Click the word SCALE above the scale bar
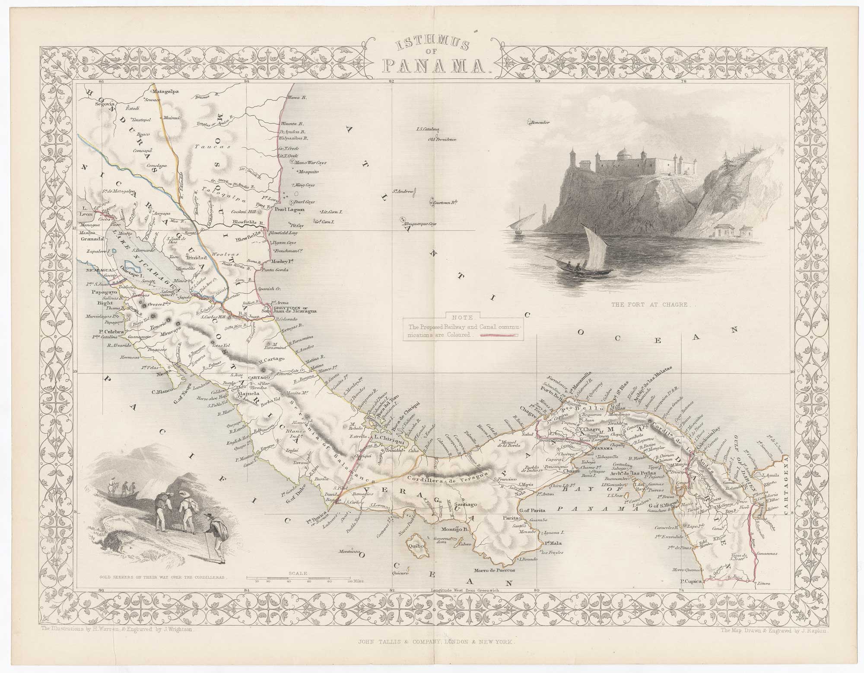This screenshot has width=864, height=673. tap(297, 573)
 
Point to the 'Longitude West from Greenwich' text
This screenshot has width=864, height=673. tap(464, 590)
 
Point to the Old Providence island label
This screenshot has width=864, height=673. tap(442, 139)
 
